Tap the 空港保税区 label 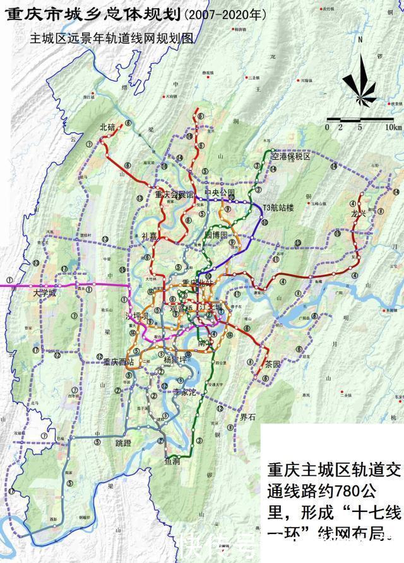coord(291,156)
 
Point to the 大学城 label coord(45,294)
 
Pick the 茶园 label coord(273,364)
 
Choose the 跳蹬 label coord(124,443)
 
